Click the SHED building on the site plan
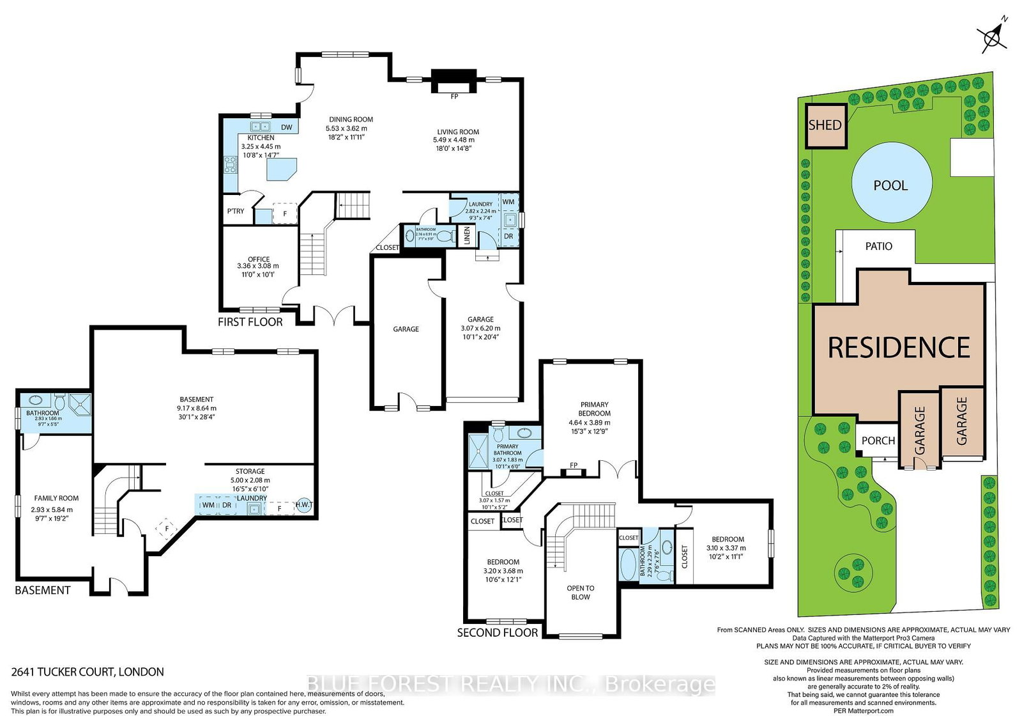pyautogui.click(x=825, y=125)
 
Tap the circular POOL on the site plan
pyautogui.click(x=890, y=185)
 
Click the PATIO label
pyautogui.click(x=878, y=246)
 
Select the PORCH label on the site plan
pyautogui.click(x=878, y=440)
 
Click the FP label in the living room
pyautogui.click(x=454, y=97)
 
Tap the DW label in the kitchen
pyautogui.click(x=287, y=127)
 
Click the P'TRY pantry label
pyautogui.click(x=236, y=211)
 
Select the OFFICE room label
pyautogui.click(x=259, y=259)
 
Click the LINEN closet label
pyautogui.click(x=467, y=236)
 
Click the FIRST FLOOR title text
pyautogui.click(x=250, y=322)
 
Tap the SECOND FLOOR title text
pyautogui.click(x=498, y=632)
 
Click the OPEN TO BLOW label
pyautogui.click(x=580, y=593)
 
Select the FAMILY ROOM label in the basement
pyautogui.click(x=56, y=498)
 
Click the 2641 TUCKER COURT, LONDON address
pyautogui.click(x=88, y=672)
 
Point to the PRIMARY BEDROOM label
pyautogui.click(x=594, y=408)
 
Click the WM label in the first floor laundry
pyautogui.click(x=508, y=202)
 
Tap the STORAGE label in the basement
pyautogui.click(x=250, y=471)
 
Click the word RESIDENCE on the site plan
pyautogui.click(x=899, y=348)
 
